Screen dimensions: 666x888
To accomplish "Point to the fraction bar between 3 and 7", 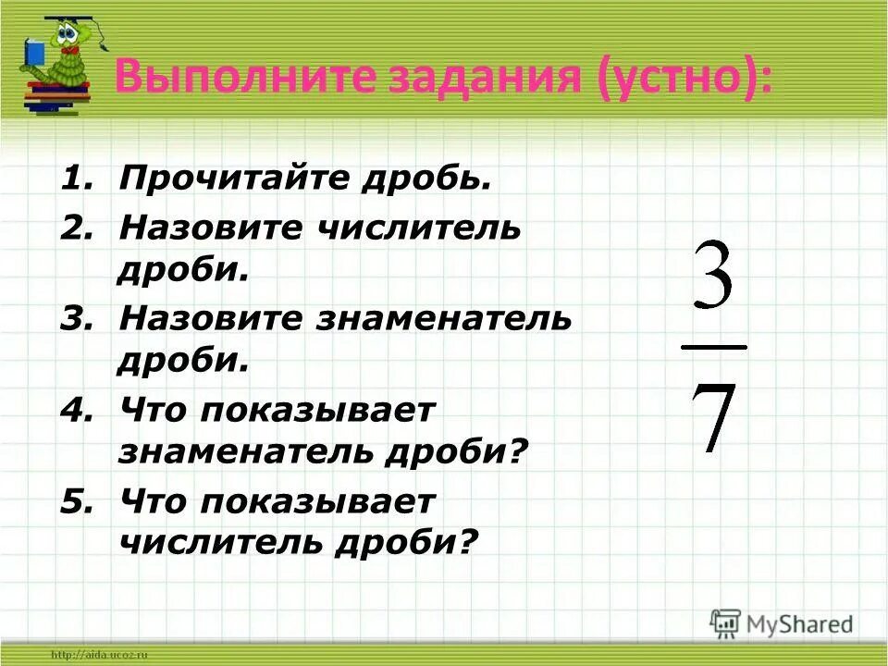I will coord(713,348).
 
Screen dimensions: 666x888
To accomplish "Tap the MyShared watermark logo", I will coord(782,623).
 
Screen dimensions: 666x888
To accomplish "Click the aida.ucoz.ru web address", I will coord(101,655).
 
